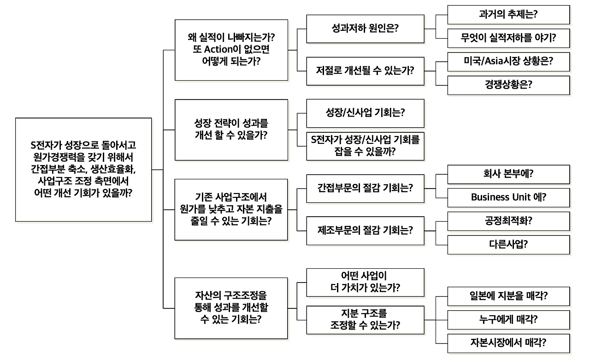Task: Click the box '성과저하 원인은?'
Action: pos(365,28)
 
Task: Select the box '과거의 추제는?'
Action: pos(508,14)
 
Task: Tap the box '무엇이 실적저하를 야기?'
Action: pos(508,38)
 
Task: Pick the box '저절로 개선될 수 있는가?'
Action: pos(365,71)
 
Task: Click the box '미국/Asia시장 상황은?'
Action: pos(508,61)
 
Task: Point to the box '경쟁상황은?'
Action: pos(508,85)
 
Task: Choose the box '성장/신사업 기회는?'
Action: pos(365,113)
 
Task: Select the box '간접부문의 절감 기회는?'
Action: pos(365,188)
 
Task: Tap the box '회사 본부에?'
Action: pos(508,174)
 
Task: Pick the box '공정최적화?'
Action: pos(508,221)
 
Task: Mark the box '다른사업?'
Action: pos(508,244)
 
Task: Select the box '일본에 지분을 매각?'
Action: pos(508,296)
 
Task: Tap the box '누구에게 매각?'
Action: pos(508,319)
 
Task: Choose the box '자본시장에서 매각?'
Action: pos(508,343)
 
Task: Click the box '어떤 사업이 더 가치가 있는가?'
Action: pos(365,282)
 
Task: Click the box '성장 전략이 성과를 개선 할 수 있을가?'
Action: pos(231,130)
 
